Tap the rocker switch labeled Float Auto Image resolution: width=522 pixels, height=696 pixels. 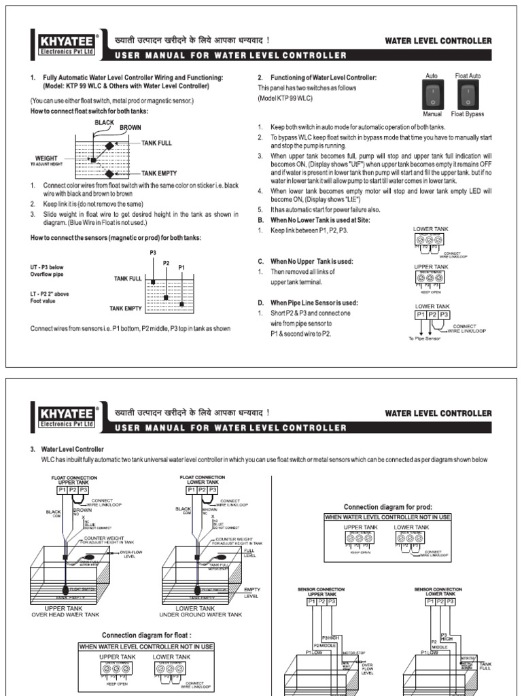coord(466,95)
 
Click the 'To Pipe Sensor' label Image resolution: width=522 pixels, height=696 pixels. coord(425,338)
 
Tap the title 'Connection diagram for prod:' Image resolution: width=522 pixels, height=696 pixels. coord(387,507)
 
